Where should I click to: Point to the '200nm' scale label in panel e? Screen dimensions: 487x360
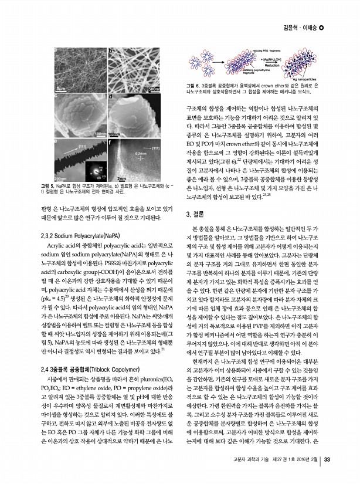tap(60, 178)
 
